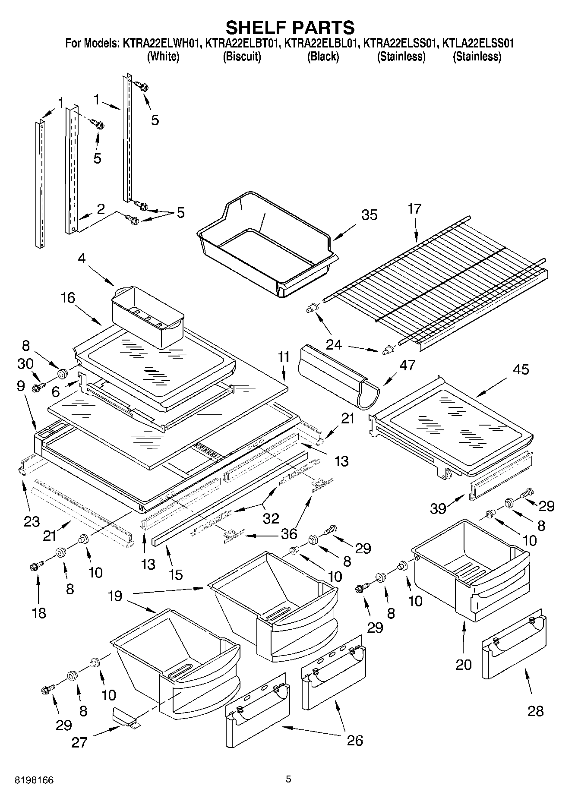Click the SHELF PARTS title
click(290, 27)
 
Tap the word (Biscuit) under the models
click(242, 57)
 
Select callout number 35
click(370, 215)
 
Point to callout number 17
click(414, 209)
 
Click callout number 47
click(407, 365)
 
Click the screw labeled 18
click(37, 565)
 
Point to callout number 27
click(79, 743)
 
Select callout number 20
click(464, 664)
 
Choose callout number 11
click(284, 357)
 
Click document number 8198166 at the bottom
click(34, 780)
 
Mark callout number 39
click(438, 509)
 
